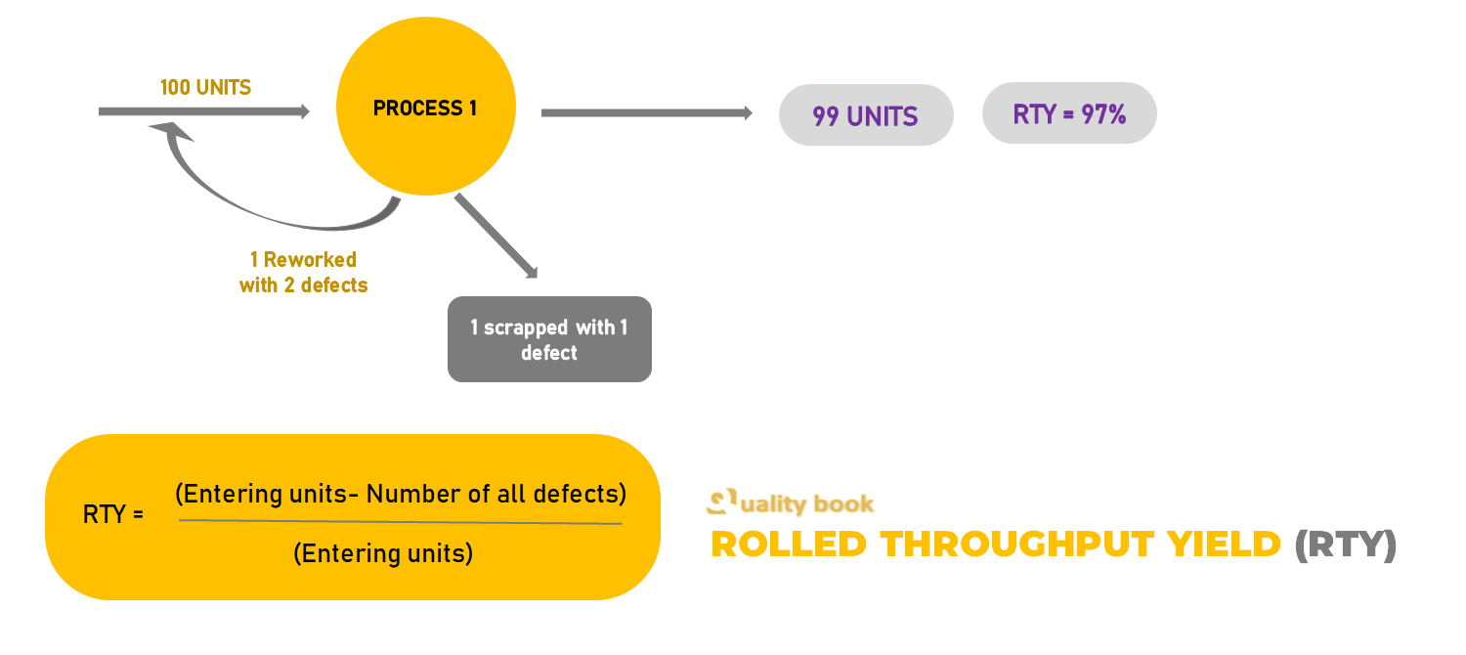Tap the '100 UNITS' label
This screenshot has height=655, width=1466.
tap(205, 88)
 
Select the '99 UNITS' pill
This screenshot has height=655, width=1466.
tap(865, 116)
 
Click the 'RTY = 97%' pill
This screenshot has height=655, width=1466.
tap(1069, 114)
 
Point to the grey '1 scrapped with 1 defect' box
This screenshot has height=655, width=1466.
tap(549, 339)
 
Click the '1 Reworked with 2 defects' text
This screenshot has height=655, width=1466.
tap(303, 273)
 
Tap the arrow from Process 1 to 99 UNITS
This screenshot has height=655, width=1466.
tap(645, 113)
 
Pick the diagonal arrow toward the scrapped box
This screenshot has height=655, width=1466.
tap(496, 236)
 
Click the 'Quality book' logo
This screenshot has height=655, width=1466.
tap(790, 503)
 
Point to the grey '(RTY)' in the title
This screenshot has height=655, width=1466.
tap(1346, 545)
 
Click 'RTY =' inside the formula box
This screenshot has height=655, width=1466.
tap(113, 514)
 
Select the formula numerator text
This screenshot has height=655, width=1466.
tap(401, 494)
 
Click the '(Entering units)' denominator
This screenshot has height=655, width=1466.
tap(383, 553)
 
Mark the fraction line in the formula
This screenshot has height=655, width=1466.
tap(401, 522)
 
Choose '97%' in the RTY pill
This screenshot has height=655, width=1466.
tap(1103, 114)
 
